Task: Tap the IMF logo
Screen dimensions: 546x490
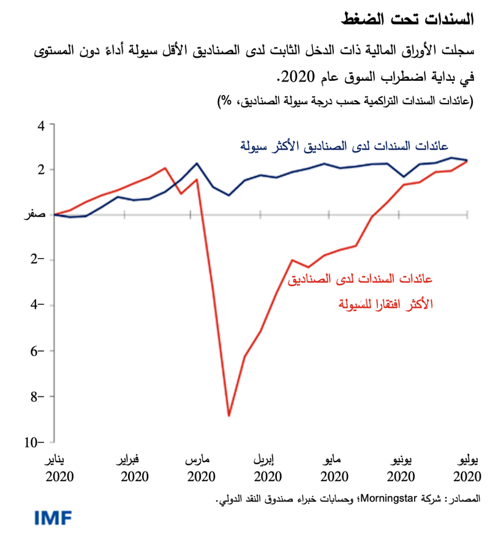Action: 53,518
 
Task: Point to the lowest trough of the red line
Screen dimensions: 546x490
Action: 229,416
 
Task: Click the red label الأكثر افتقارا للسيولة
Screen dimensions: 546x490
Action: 386,304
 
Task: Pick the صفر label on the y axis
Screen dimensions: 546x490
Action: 35,215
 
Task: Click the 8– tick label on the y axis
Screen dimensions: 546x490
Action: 37,396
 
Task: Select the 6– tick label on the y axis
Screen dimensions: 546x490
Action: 37,351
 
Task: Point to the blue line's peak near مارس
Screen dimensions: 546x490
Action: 197,164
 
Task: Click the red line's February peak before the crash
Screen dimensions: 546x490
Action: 165,168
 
